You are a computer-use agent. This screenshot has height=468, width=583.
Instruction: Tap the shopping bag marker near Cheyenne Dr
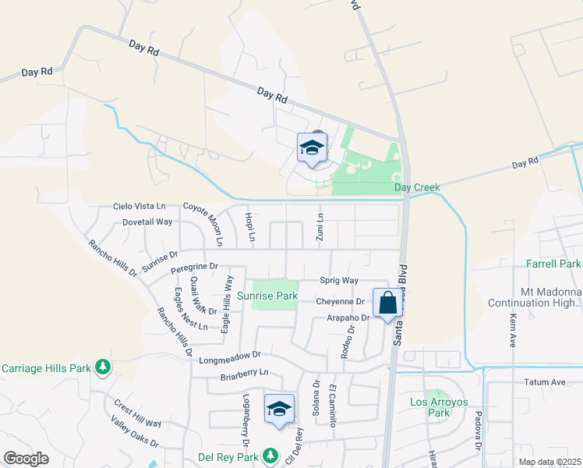pos(387,303)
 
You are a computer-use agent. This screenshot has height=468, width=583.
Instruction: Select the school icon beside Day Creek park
pos(312,148)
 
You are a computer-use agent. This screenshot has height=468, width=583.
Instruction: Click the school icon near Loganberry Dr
pos(280,409)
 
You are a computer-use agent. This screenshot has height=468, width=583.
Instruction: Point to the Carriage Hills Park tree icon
pos(102,367)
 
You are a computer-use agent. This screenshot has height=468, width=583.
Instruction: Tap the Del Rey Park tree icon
pos(270,454)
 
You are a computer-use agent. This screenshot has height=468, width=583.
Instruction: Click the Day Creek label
pos(417,187)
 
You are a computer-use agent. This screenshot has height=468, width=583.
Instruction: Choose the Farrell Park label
pos(554,264)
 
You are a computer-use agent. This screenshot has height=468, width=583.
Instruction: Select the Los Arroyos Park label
pos(440,407)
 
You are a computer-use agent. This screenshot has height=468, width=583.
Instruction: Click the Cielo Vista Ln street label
pos(140,206)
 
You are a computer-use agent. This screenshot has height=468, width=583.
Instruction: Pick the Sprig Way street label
pos(339,280)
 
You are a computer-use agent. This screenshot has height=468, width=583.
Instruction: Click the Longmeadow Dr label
pos(228,360)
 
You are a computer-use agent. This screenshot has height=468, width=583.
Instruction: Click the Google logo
pos(26,458)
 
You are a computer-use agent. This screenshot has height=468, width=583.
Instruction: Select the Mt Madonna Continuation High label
pos(535,296)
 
